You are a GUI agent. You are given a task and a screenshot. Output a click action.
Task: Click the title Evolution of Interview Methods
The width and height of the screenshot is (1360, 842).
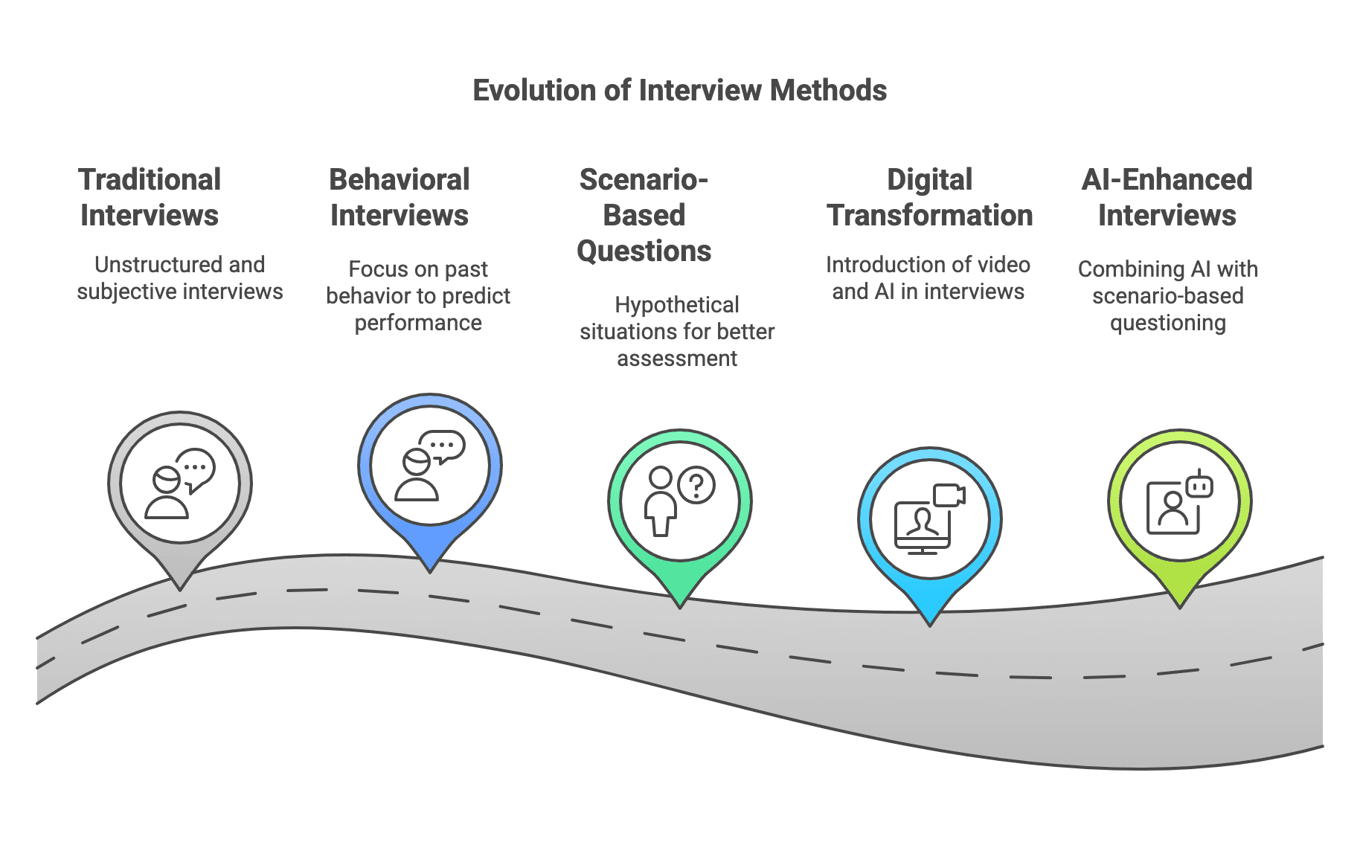(679, 90)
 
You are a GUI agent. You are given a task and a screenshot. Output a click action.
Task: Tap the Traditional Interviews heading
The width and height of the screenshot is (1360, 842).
(150, 197)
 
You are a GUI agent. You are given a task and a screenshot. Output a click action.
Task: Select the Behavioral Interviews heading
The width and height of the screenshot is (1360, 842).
(400, 197)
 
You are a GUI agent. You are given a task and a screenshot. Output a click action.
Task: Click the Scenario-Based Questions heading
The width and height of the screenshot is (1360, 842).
(644, 215)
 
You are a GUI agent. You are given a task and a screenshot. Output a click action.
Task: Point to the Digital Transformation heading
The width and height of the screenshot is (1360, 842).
(929, 197)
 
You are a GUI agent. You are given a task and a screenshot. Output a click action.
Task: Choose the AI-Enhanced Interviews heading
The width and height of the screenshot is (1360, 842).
(1167, 197)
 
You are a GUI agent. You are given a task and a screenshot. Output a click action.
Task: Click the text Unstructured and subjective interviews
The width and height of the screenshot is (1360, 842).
(180, 278)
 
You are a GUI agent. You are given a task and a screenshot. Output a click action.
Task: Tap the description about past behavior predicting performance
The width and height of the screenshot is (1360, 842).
(418, 296)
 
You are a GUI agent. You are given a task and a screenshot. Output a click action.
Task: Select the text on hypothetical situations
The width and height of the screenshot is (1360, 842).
(677, 332)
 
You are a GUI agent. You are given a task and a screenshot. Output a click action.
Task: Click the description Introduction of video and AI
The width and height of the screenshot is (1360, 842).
(928, 278)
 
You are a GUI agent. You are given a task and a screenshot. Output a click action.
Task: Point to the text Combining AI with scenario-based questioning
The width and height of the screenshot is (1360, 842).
(1167, 296)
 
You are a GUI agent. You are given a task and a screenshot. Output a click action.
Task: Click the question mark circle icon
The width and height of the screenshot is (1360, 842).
(697, 485)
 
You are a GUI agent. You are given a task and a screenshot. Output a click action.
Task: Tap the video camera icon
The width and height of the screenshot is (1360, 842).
(949, 495)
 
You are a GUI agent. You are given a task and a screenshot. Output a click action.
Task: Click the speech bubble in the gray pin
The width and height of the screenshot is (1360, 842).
(196, 469)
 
